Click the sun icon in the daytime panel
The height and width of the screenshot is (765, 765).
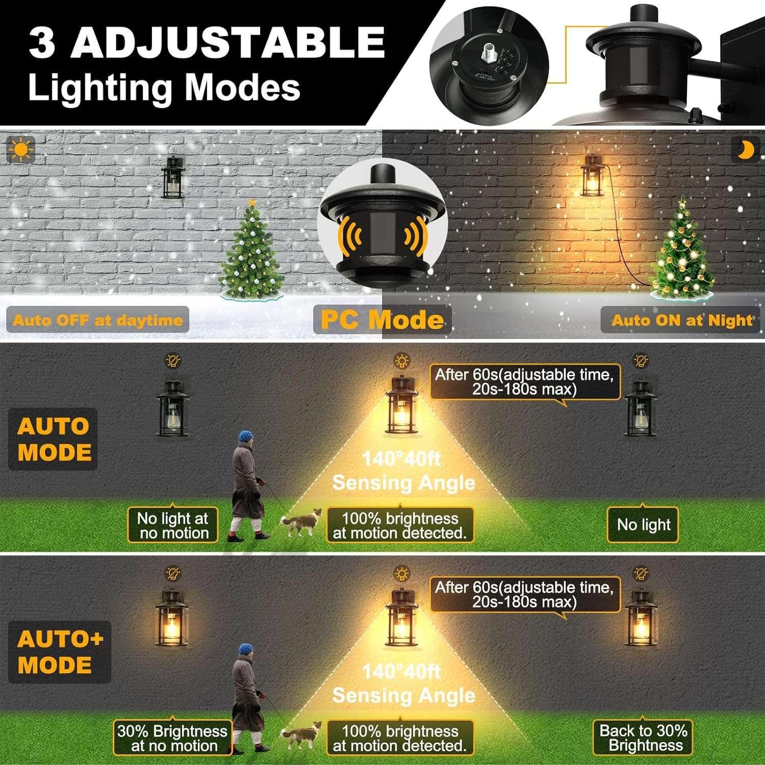tap(20, 149)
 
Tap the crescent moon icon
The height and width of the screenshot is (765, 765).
tap(746, 149)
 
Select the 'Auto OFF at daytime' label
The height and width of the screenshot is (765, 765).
tap(97, 320)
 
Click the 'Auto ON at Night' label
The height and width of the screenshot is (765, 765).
tap(681, 320)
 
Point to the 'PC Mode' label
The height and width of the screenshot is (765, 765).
tap(382, 320)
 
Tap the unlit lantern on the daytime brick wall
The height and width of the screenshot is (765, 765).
tap(173, 177)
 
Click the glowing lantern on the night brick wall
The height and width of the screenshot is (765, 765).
tap(592, 176)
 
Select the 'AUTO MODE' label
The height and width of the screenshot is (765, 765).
tap(54, 439)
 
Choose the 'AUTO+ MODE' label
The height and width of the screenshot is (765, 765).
tap(60, 652)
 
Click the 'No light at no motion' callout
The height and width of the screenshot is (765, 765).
tap(173, 525)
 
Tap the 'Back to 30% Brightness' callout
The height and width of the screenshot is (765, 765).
tap(644, 737)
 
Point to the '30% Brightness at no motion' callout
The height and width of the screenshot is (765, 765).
tap(172, 738)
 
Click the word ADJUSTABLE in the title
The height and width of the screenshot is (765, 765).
tap(227, 42)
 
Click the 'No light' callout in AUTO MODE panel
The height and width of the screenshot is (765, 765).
tap(643, 524)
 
